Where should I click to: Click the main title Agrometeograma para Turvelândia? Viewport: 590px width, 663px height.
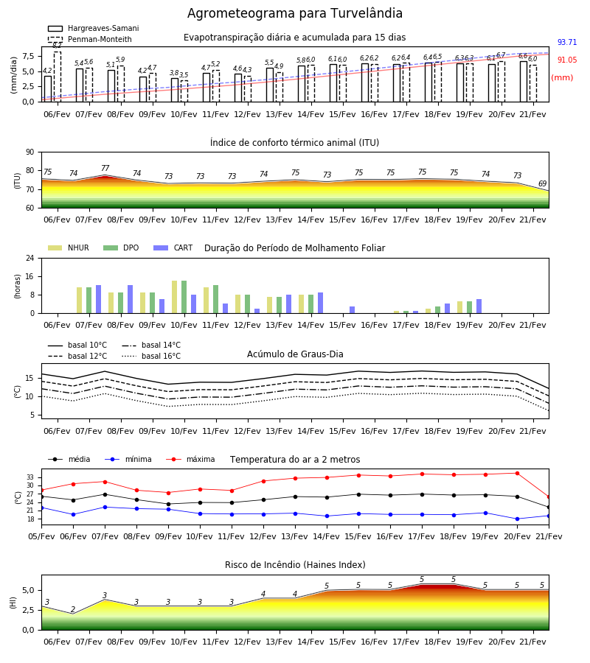pyautogui.click(x=294, y=13)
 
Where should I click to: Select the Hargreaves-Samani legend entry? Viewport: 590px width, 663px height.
pyautogui.click(x=93, y=28)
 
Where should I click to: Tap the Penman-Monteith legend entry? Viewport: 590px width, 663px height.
pyautogui.click(x=90, y=39)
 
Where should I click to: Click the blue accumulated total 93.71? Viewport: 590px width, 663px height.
pyautogui.click(x=567, y=42)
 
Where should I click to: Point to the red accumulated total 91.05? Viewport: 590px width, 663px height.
pyautogui.click(x=567, y=60)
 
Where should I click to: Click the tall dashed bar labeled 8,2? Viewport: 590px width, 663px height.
pyautogui.click(x=57, y=77)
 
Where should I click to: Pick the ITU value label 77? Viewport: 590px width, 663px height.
pyautogui.click(x=105, y=168)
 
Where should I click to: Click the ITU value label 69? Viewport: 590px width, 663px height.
pyautogui.click(x=542, y=183)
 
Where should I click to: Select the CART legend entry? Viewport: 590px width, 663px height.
pyautogui.click(x=173, y=248)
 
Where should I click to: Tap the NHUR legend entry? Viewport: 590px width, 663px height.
pyautogui.click(x=69, y=248)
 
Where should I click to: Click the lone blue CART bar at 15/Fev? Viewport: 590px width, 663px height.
pyautogui.click(x=352, y=310)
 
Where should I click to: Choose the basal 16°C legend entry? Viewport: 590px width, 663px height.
pyautogui.click(x=151, y=356)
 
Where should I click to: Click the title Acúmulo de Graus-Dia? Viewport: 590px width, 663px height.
pyautogui.click(x=295, y=354)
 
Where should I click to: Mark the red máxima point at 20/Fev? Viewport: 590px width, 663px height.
pyautogui.click(x=517, y=473)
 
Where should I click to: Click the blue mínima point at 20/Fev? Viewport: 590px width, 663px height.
pyautogui.click(x=517, y=519)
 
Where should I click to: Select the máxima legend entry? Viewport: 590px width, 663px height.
pyautogui.click(x=190, y=459)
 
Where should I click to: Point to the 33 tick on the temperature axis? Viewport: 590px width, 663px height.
pyautogui.click(x=30, y=477)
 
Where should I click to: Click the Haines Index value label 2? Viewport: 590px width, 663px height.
pyautogui.click(x=73, y=609)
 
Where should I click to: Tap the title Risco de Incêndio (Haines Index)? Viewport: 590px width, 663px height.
pyautogui.click(x=295, y=564)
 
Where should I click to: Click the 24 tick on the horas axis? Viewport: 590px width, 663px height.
pyautogui.click(x=30, y=258)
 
